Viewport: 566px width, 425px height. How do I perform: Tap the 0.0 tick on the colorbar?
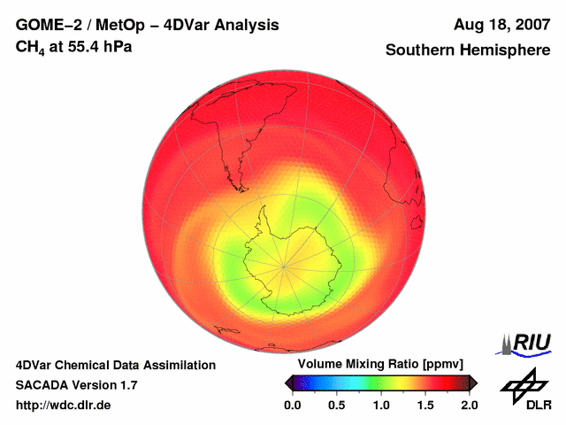click(x=292, y=405)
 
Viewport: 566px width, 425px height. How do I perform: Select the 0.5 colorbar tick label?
click(x=336, y=405)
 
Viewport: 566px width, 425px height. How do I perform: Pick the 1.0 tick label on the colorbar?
click(x=380, y=405)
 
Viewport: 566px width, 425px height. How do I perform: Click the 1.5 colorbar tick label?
click(x=425, y=405)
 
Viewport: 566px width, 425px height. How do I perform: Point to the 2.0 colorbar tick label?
click(x=469, y=405)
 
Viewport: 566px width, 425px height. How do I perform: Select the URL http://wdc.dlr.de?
click(x=64, y=406)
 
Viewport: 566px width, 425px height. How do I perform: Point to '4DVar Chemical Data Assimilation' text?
click(x=116, y=365)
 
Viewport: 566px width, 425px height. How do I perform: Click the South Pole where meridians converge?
click(x=285, y=266)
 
